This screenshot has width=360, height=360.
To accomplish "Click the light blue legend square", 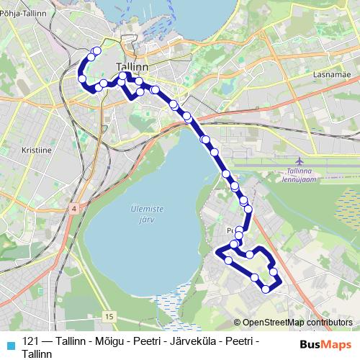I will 9,343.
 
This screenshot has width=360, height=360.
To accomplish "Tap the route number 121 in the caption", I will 31,341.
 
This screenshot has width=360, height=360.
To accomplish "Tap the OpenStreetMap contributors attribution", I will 298,323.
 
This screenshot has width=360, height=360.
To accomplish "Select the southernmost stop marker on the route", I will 266,289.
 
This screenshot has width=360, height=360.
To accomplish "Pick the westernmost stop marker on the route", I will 82,78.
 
